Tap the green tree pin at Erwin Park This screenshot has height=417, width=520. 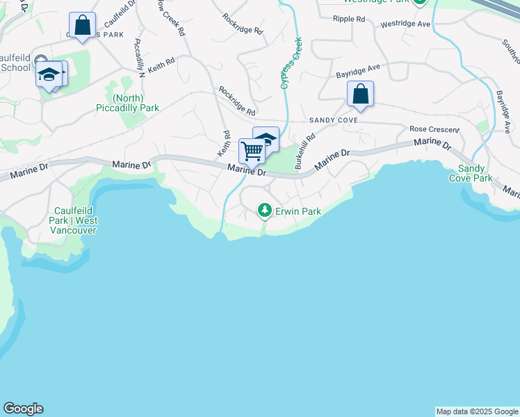click(264, 209)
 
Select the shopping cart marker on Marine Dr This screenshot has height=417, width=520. click(251, 150)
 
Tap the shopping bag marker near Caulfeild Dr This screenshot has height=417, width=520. click(83, 26)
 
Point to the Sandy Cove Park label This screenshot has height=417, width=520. click(475, 174)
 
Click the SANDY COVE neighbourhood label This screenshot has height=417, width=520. click(339, 120)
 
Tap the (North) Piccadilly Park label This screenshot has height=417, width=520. click(127, 103)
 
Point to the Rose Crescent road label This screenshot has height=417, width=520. click(434, 129)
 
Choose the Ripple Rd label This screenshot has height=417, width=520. click(350, 19)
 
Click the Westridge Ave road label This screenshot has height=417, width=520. click(405, 24)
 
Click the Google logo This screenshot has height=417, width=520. click(23, 409)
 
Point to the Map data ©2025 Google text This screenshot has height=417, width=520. click(477, 411)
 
